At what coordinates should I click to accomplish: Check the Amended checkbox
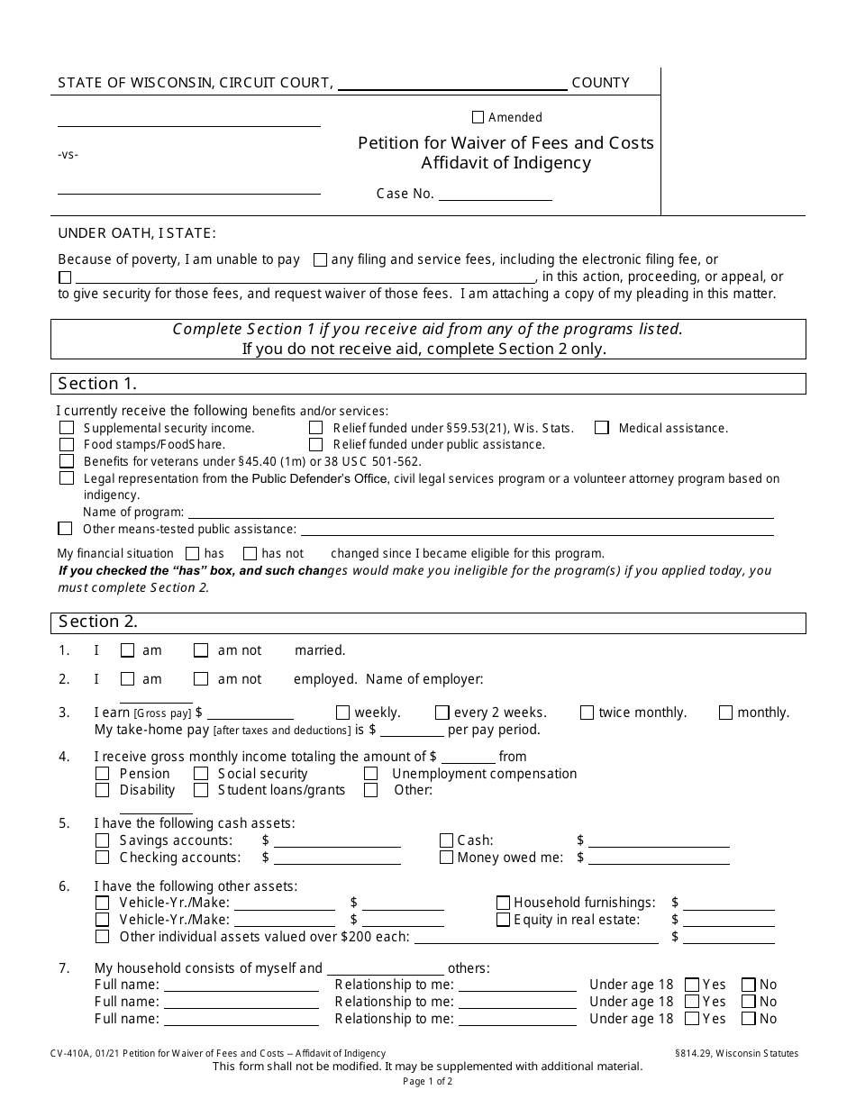[x=478, y=117]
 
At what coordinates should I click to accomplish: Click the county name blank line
[x=452, y=84]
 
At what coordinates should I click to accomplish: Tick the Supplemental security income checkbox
[x=67, y=428]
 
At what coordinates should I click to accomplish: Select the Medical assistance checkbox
[x=602, y=428]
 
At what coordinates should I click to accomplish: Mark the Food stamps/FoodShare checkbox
[x=67, y=444]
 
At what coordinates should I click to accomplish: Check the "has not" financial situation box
[x=250, y=553]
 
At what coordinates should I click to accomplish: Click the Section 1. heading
[x=97, y=384]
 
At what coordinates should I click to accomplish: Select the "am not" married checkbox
[x=201, y=650]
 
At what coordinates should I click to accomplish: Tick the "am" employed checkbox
[x=127, y=679]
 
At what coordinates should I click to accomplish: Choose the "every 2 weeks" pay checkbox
[x=442, y=713]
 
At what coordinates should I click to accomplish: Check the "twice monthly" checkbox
[x=587, y=713]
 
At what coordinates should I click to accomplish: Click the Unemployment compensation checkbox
[x=370, y=774]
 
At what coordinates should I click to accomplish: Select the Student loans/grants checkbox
[x=201, y=790]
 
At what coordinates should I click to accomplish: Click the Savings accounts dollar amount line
[x=337, y=841]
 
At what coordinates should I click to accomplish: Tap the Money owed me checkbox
[x=446, y=858]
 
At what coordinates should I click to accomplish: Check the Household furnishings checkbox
[x=503, y=903]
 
